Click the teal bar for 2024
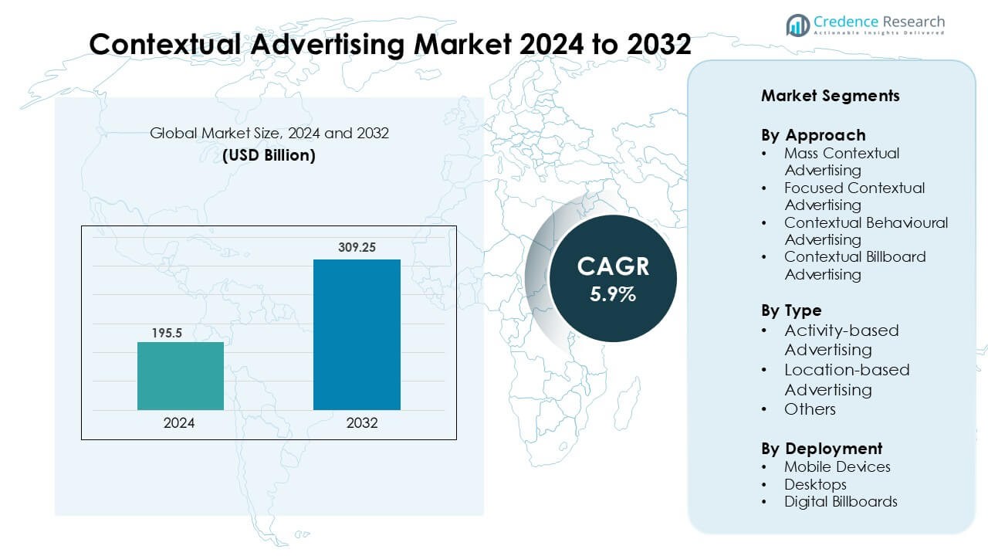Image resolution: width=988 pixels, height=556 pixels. pyautogui.click(x=181, y=376)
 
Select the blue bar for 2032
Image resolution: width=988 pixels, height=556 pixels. pyautogui.click(x=357, y=334)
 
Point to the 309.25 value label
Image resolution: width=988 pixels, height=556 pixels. pyautogui.click(x=357, y=248)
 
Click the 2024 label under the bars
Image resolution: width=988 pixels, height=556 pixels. pyautogui.click(x=179, y=423)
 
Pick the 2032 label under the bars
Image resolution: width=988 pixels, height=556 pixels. pyautogui.click(x=362, y=423)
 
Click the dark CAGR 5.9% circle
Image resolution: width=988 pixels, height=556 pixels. pyautogui.click(x=612, y=279)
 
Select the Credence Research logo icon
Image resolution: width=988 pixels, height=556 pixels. pyautogui.click(x=797, y=25)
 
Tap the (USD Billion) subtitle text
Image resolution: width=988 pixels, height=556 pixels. pyautogui.click(x=269, y=155)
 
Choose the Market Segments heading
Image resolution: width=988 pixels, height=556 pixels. pyautogui.click(x=830, y=96)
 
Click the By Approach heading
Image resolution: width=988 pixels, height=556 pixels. pyautogui.click(x=813, y=135)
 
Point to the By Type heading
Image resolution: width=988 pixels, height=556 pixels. pyautogui.click(x=791, y=310)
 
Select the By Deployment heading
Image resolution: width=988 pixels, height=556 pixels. pyautogui.click(x=821, y=449)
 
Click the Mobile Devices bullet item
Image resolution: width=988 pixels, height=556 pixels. pyautogui.click(x=837, y=467)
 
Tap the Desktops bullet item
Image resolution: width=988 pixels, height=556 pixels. pyautogui.click(x=815, y=485)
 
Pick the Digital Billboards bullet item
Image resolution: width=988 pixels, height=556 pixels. pyautogui.click(x=841, y=502)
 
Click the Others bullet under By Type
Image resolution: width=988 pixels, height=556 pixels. pyautogui.click(x=810, y=409)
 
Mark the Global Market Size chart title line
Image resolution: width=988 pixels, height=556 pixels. pyautogui.click(x=269, y=134)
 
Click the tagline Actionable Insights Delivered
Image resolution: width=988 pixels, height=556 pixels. pyautogui.click(x=879, y=33)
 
